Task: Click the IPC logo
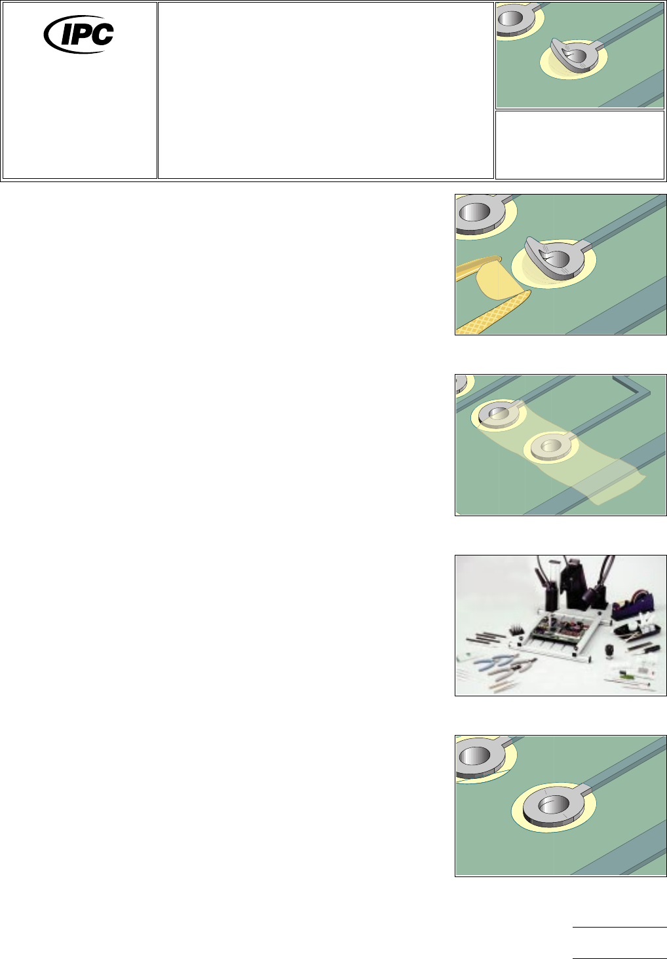coord(79,34)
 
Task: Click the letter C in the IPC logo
coord(102,34)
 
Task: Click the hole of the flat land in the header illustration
coord(510,19)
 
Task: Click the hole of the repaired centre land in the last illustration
coord(553,805)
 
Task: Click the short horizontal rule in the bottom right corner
coord(619,927)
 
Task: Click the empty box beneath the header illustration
coord(580,145)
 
